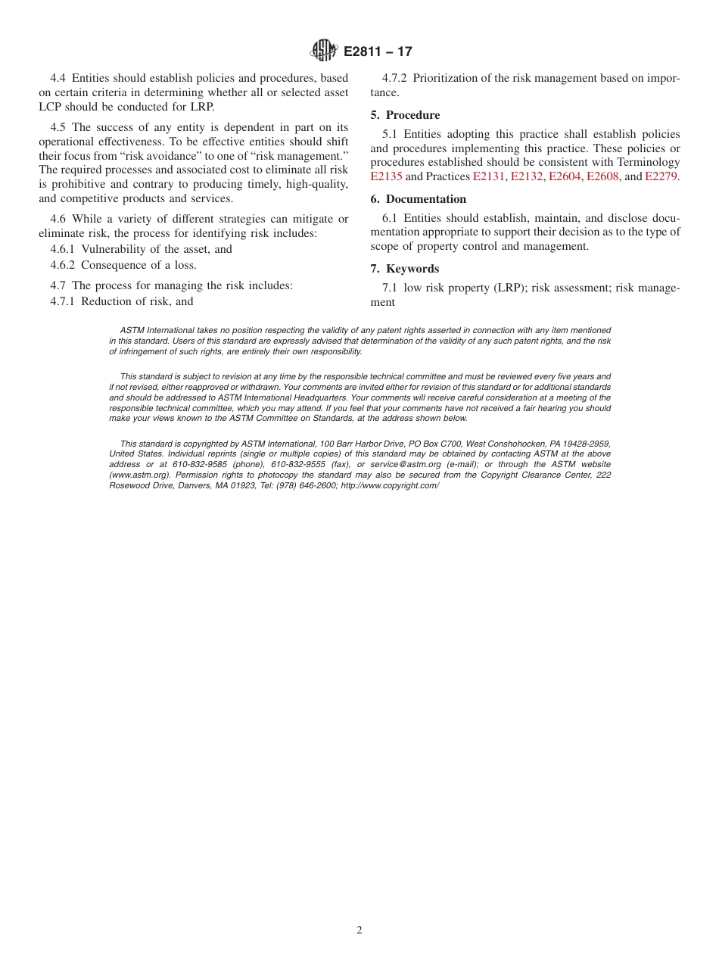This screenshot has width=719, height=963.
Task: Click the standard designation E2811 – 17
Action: [378, 52]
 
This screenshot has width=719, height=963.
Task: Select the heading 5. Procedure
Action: [405, 115]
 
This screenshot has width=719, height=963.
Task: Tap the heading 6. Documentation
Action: [418, 199]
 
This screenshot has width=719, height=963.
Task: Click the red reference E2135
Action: [386, 176]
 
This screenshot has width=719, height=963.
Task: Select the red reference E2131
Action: [489, 176]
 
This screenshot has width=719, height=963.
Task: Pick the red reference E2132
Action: [527, 176]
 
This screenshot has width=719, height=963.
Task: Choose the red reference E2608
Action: [602, 176]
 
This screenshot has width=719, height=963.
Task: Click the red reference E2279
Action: [661, 176]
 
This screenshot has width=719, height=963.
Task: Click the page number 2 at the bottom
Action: [359, 930]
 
